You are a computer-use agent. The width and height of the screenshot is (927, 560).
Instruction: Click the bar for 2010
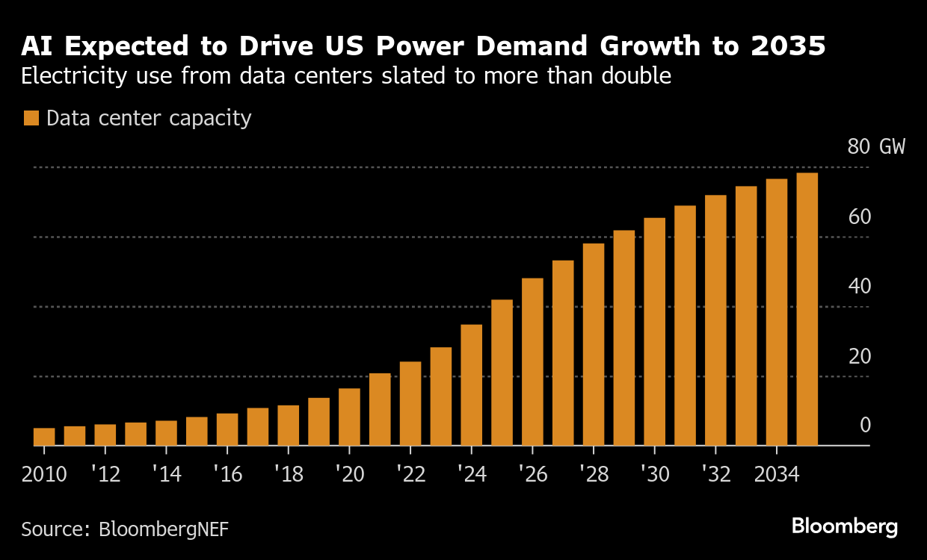tap(44, 437)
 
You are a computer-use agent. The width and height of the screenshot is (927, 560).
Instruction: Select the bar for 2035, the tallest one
tap(807, 309)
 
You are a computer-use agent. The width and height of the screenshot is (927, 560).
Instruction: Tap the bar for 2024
tap(471, 385)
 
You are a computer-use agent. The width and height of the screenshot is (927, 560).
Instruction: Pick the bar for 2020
tap(349, 417)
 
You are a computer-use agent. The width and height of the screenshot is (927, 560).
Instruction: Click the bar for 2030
tap(654, 332)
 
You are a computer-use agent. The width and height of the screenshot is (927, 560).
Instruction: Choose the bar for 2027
tap(563, 353)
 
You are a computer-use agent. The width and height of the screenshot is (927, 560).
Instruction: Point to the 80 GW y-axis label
tap(875, 146)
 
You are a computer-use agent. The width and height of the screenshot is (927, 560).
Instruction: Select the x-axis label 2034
tap(776, 475)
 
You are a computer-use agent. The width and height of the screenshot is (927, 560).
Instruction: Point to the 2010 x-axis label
tap(44, 475)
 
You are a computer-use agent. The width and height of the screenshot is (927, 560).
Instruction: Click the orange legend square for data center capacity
tap(31, 119)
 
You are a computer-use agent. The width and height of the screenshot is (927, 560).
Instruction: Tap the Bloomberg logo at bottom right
tap(845, 526)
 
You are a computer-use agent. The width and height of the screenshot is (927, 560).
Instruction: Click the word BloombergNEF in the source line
tap(163, 529)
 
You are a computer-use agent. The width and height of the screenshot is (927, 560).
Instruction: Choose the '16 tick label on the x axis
tap(227, 475)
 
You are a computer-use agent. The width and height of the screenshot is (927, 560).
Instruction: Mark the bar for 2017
tap(258, 427)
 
